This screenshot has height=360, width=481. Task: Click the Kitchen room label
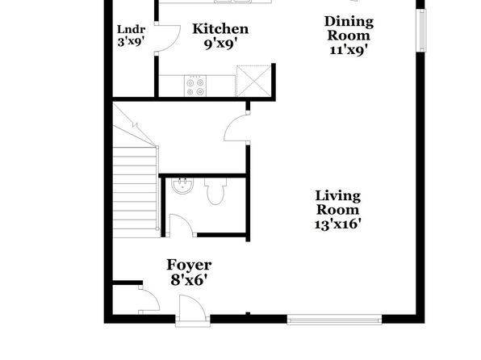point(220,29)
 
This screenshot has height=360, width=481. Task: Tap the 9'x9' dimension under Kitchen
point(221,44)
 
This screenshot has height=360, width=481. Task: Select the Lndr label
point(131,30)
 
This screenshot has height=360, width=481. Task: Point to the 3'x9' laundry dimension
point(131,41)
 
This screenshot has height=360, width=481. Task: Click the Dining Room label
point(349,28)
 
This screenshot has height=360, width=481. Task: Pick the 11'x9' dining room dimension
point(349,50)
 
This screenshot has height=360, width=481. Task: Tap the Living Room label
point(337,203)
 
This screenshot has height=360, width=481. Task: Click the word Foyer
point(189,265)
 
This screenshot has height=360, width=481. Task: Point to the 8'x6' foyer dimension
point(190,280)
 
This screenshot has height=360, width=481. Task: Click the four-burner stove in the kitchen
point(195,86)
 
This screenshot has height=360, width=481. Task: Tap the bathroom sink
point(182,186)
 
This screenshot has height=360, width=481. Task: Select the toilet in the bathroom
point(215,191)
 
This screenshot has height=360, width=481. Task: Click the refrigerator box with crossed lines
point(253,81)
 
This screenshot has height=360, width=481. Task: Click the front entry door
point(193,310)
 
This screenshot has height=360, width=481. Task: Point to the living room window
point(334,320)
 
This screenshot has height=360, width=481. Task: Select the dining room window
point(422,31)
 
